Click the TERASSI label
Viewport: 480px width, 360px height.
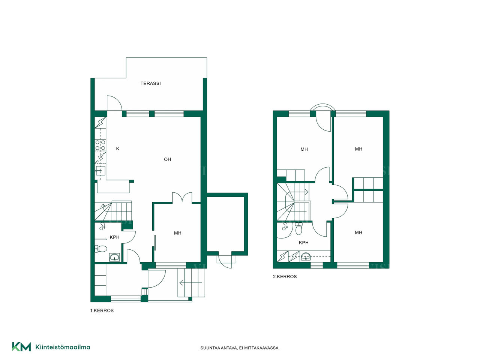[x=150, y=83]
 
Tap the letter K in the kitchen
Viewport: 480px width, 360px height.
[x=118, y=148]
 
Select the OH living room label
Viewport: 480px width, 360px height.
[x=167, y=159]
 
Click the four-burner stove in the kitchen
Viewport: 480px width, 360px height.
[x=100, y=145]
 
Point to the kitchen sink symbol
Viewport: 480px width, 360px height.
[x=100, y=171]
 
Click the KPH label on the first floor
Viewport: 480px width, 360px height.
[x=114, y=237]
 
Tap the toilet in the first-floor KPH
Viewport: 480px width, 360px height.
[x=100, y=249]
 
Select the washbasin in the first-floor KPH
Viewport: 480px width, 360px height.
[x=114, y=258]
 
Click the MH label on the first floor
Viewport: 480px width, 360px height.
[x=178, y=233]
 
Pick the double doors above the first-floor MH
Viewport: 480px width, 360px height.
[x=182, y=197]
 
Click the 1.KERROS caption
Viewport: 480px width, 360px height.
[x=102, y=310]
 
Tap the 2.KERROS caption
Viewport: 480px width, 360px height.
[x=285, y=276]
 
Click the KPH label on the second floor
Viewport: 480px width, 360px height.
[x=303, y=242]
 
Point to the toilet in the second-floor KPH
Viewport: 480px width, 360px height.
[x=298, y=229]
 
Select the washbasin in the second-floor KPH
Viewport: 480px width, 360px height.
[x=306, y=256]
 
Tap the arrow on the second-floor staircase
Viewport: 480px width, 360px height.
[x=301, y=192]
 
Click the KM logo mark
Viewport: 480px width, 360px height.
[x=21, y=347]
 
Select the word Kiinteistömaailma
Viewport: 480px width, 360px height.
[x=63, y=347]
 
